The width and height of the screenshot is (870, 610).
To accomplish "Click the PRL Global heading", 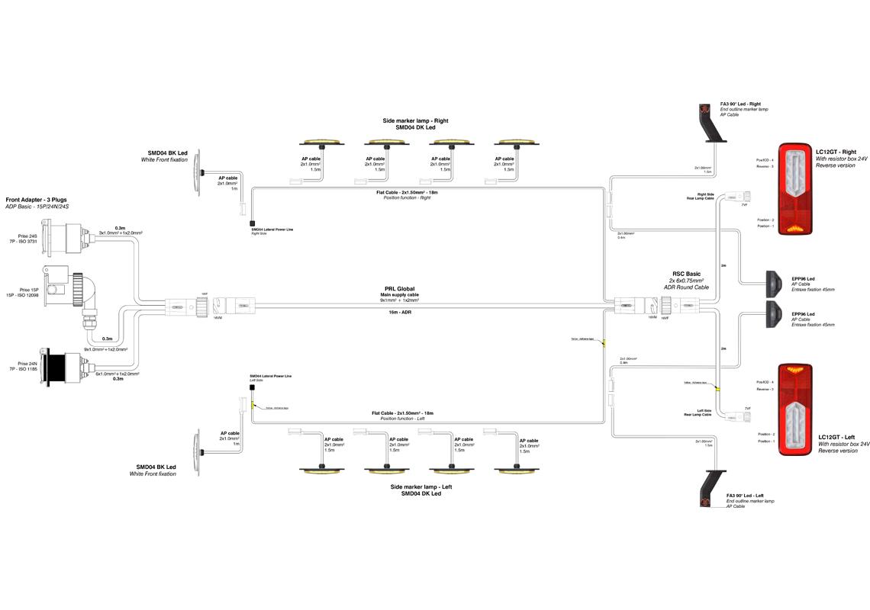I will [x=400, y=289].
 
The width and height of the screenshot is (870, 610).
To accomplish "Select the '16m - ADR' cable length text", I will [x=401, y=312].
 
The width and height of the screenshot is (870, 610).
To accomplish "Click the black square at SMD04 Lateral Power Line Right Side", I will [x=252, y=223].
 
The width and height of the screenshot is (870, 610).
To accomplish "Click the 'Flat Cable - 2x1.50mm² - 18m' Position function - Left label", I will [x=404, y=416].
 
